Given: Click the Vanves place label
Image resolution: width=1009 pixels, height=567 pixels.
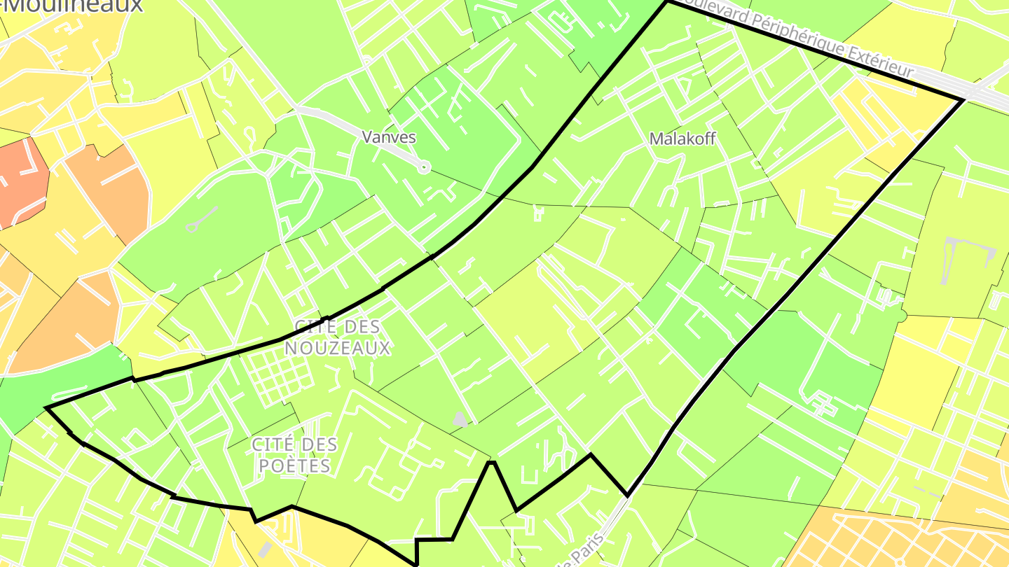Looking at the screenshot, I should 389,137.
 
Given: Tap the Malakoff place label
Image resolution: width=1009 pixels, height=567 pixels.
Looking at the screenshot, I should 682,139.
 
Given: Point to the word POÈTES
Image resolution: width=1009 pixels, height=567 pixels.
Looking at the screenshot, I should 294,465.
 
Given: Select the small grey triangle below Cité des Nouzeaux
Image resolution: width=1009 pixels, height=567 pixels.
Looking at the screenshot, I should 460,419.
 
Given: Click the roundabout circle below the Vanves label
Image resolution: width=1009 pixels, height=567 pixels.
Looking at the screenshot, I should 423,167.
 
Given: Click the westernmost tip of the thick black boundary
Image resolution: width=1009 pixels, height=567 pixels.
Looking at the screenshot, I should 46,407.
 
